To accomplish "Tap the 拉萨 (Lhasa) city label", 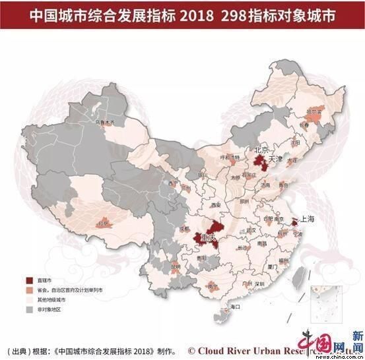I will (x=101, y=224).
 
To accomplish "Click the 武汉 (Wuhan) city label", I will (x=251, y=229).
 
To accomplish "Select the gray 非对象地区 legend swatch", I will (x=30, y=309).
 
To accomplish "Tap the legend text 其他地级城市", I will (x=53, y=299).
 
